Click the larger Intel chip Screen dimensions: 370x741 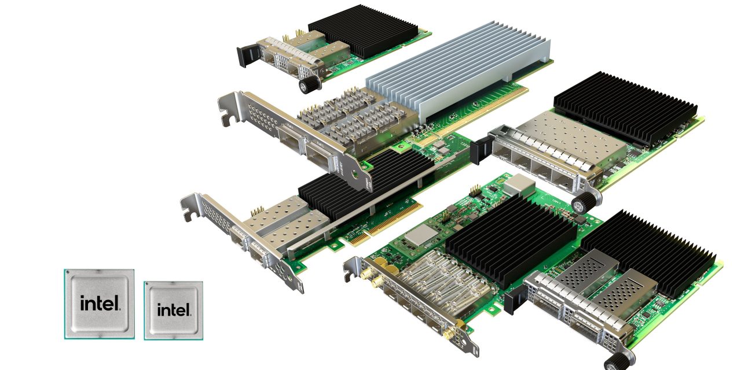(x=100, y=304)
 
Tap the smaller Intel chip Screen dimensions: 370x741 (x=174, y=310)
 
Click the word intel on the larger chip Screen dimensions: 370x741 (x=100, y=303)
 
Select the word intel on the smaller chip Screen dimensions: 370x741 (x=174, y=310)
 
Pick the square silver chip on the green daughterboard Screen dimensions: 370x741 (x=420, y=235)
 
